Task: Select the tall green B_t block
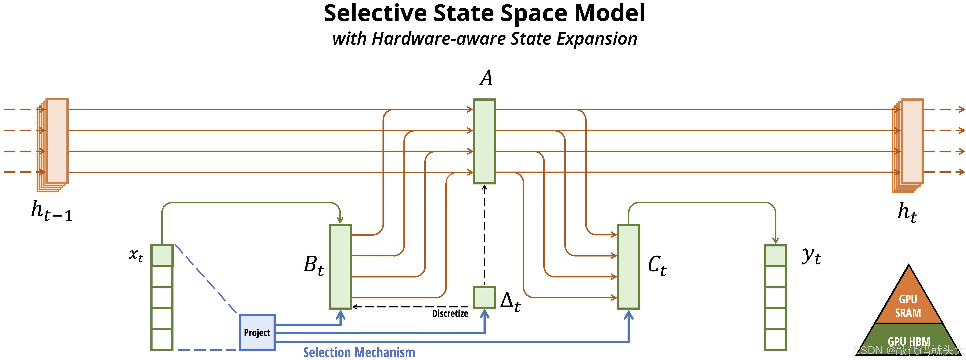tap(340, 267)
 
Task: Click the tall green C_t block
tap(629, 267)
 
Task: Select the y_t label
tap(811, 256)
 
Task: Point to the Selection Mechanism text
tap(359, 353)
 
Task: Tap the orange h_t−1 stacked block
tap(56, 141)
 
